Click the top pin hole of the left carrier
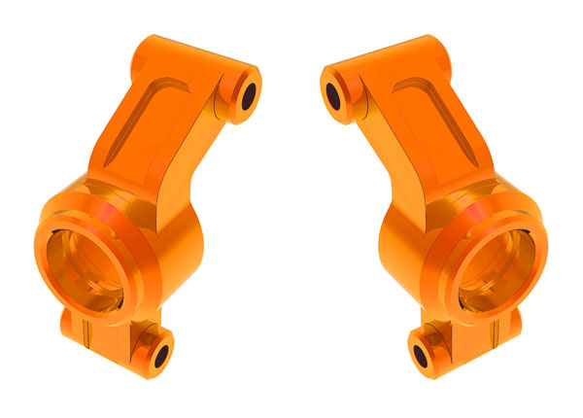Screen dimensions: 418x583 [247, 95]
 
